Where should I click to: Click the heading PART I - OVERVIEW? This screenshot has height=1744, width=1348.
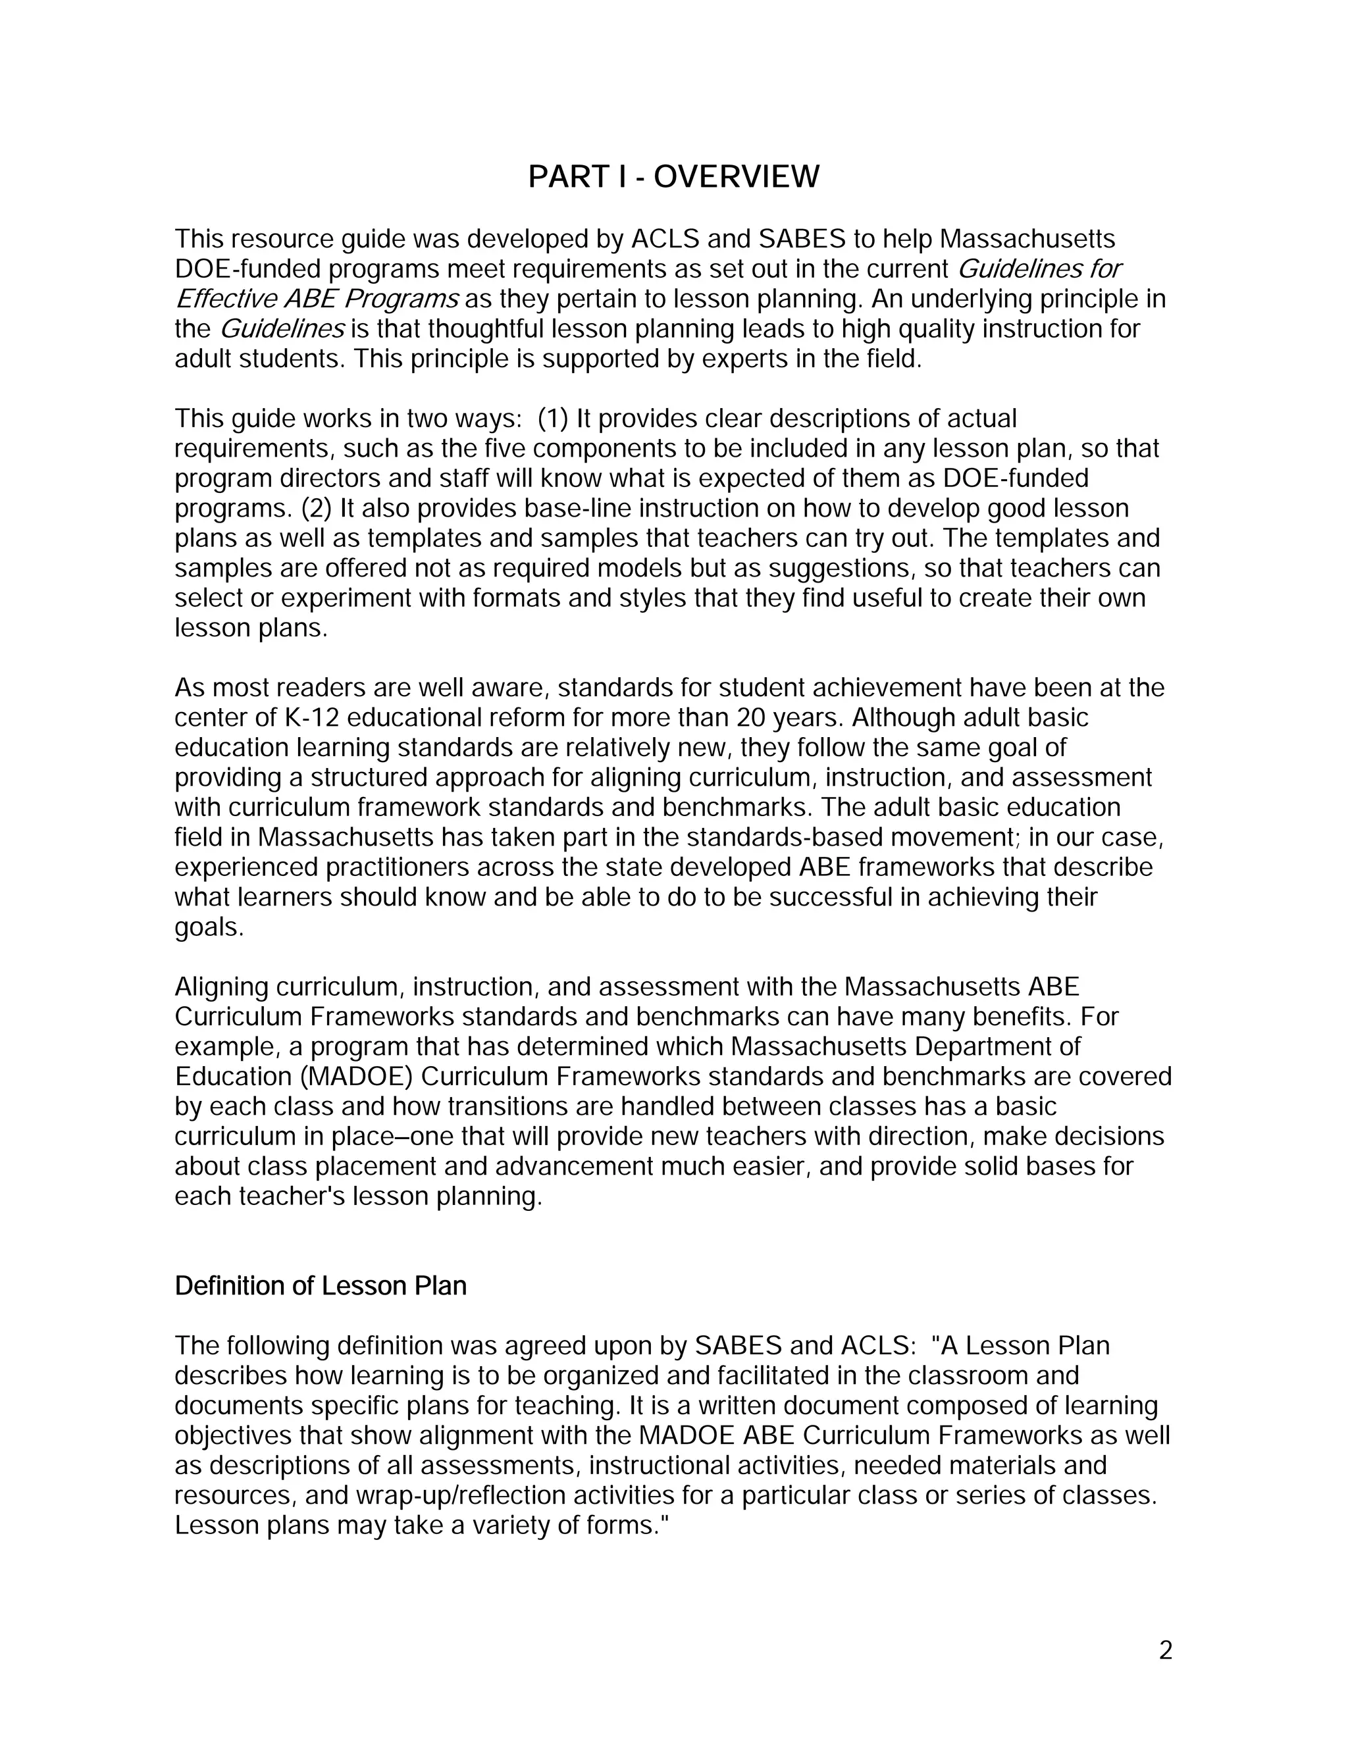pyautogui.click(x=673, y=176)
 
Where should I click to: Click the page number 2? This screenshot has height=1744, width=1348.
pyautogui.click(x=1165, y=1651)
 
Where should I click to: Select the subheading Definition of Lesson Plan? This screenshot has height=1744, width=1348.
pyautogui.click(x=321, y=1286)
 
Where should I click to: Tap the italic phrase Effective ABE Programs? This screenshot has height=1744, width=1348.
pyautogui.click(x=317, y=299)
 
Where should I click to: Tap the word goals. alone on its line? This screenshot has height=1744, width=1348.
pyautogui.click(x=209, y=928)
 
